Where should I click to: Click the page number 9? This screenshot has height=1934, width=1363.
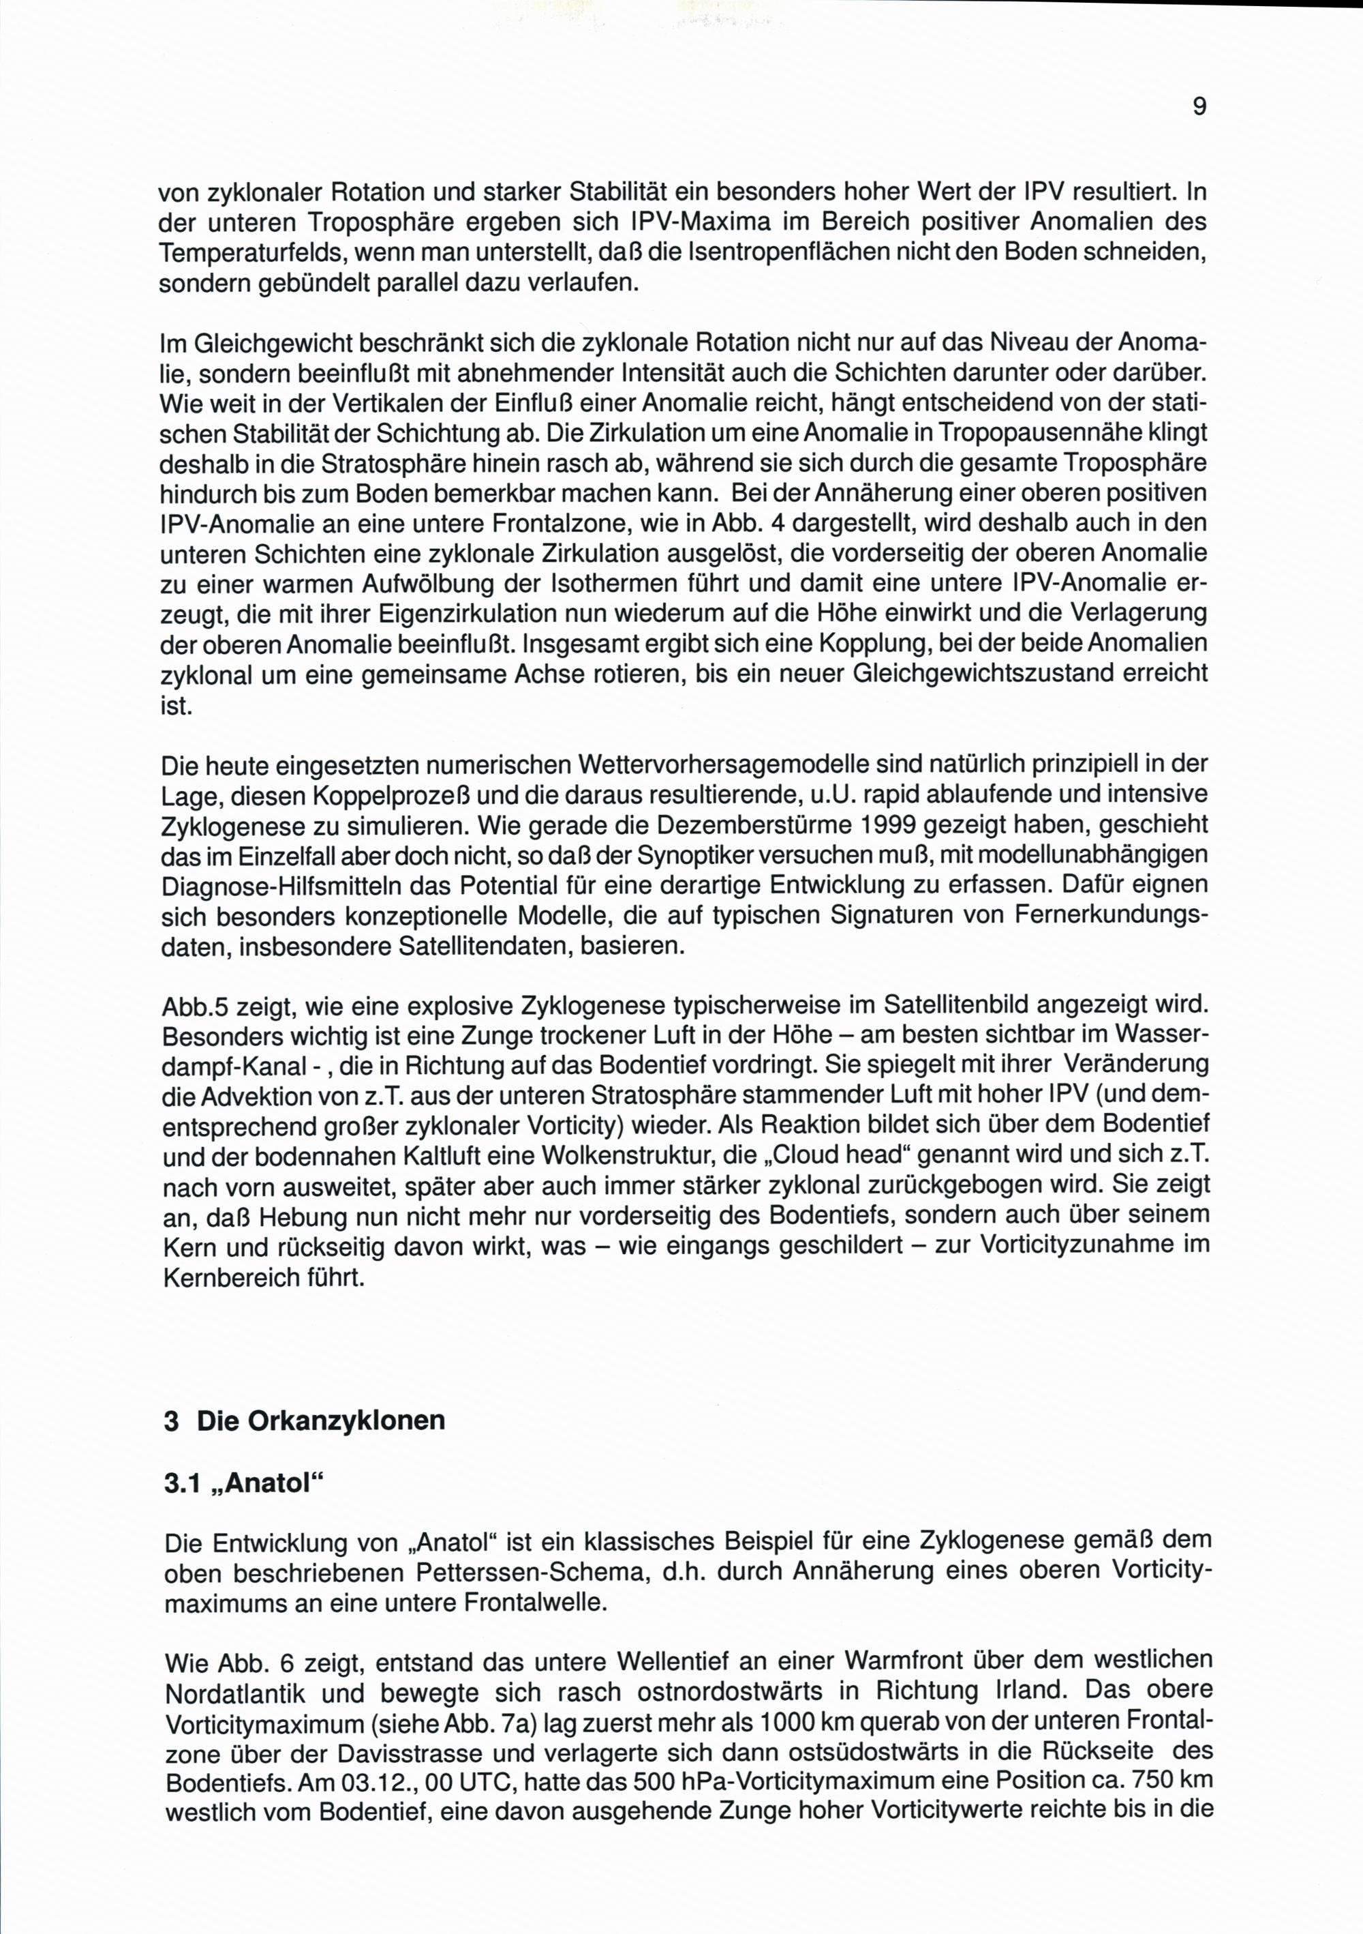pos(1199,107)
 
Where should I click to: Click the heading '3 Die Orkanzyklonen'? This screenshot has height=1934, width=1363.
pos(305,1421)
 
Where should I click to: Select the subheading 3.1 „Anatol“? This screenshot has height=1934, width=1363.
pos(243,1483)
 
